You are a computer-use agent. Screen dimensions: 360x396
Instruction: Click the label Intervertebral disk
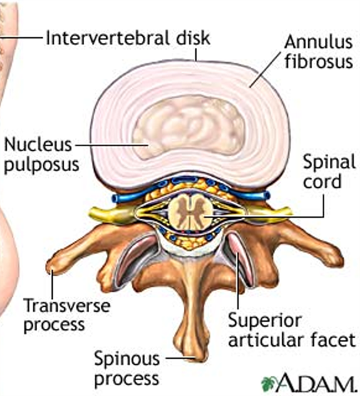click(x=128, y=38)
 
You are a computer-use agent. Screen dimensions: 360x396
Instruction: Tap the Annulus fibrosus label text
click(x=319, y=52)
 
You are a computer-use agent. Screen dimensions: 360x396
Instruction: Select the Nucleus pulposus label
click(x=42, y=155)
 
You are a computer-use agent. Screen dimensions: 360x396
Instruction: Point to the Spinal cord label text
click(x=329, y=172)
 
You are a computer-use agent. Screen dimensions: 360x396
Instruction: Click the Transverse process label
click(x=67, y=315)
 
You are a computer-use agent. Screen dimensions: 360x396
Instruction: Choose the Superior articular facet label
click(x=292, y=330)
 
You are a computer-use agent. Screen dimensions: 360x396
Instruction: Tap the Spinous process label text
click(x=127, y=368)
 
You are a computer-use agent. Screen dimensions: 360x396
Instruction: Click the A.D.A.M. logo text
click(x=316, y=384)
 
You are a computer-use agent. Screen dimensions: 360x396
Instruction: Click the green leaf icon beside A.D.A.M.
click(x=269, y=384)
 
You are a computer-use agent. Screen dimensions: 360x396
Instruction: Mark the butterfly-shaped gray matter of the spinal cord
click(x=190, y=212)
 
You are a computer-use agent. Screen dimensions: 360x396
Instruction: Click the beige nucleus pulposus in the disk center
click(x=189, y=126)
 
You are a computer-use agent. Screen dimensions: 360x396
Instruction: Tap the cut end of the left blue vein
click(x=115, y=198)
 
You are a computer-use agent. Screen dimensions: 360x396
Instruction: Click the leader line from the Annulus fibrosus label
click(x=265, y=70)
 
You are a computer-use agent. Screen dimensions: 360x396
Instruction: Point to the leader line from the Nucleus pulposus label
click(x=111, y=145)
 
